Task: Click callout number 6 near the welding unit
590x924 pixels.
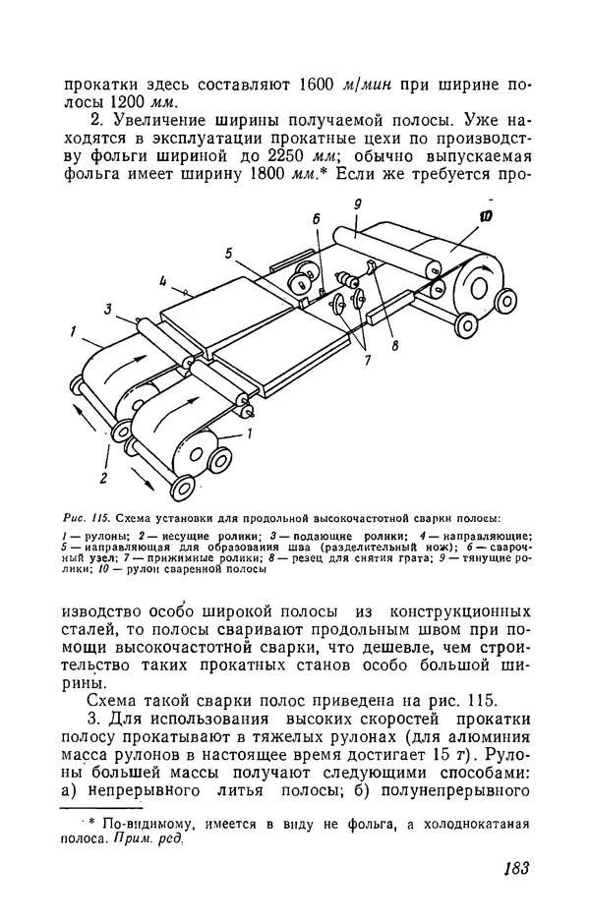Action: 317,220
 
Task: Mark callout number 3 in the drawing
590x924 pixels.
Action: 108,309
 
